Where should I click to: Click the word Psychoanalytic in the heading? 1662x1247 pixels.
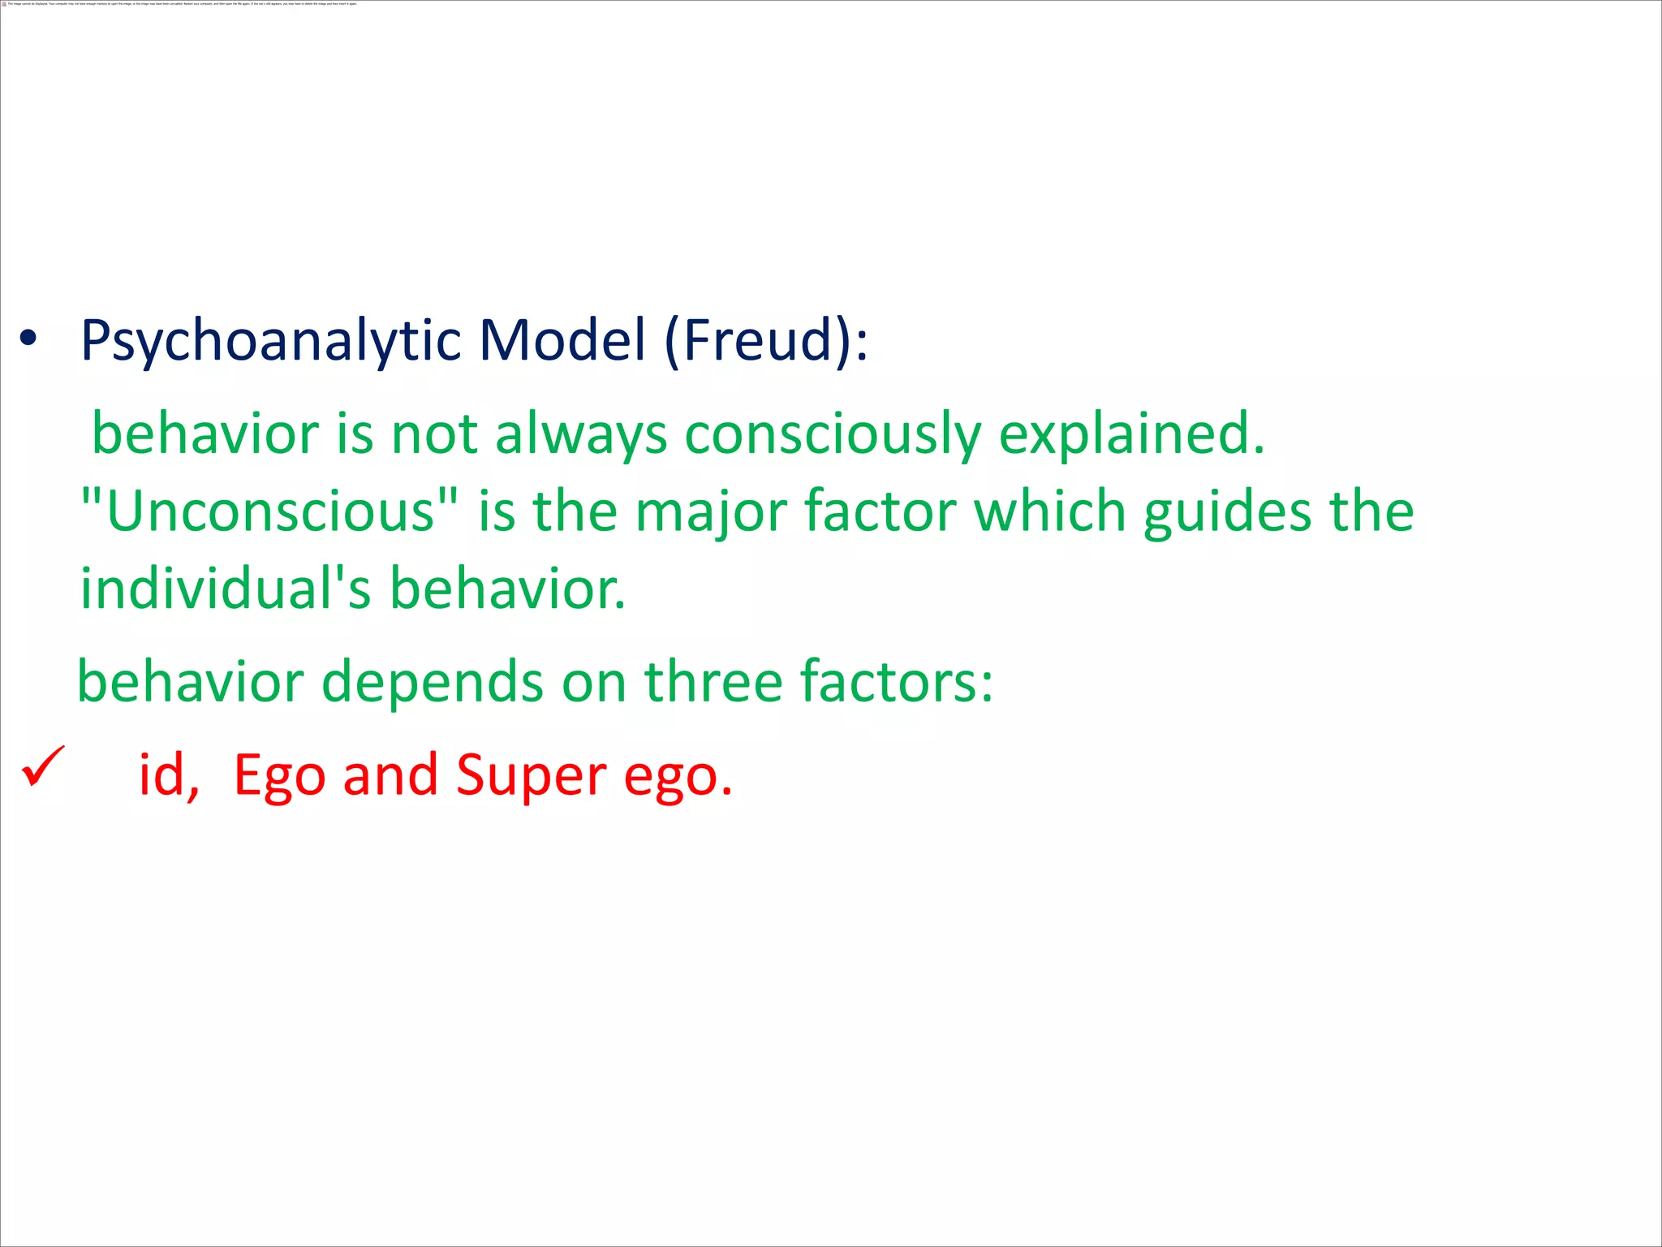(x=270, y=341)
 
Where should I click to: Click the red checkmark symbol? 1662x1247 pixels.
(x=42, y=766)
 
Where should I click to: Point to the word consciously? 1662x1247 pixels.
(x=833, y=435)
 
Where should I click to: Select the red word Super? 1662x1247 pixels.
(x=531, y=776)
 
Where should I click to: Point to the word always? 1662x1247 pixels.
(x=580, y=435)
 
